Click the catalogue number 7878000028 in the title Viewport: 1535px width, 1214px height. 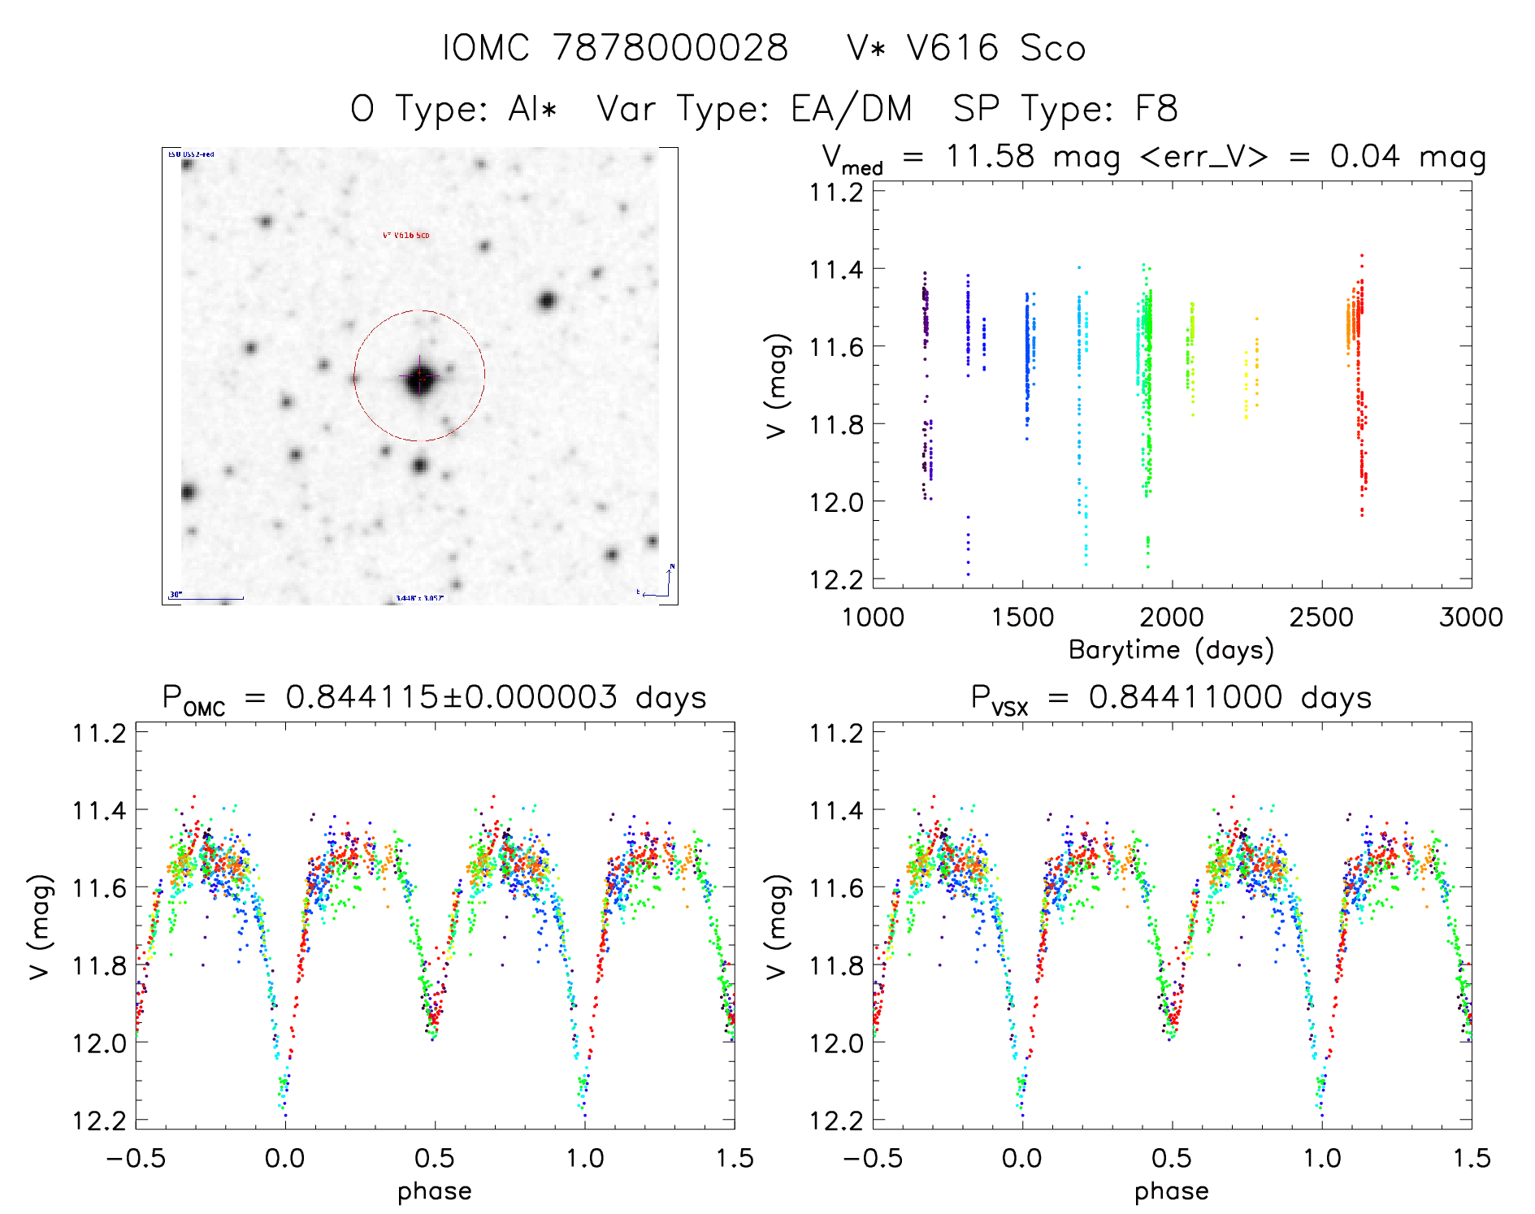pyautogui.click(x=670, y=48)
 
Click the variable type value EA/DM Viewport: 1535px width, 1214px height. pyautogui.click(x=852, y=109)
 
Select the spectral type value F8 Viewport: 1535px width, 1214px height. pyautogui.click(x=1156, y=109)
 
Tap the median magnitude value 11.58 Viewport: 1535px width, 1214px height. pyautogui.click(x=991, y=156)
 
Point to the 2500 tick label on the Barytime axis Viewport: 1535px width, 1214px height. pyautogui.click(x=1321, y=618)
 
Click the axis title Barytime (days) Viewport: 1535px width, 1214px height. pyautogui.click(x=1171, y=650)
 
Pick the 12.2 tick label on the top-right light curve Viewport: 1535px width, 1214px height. pyautogui.click(x=836, y=579)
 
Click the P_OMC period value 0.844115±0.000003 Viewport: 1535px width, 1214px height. pyautogui.click(x=451, y=697)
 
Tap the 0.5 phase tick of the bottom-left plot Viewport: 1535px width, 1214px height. pyautogui.click(x=435, y=1158)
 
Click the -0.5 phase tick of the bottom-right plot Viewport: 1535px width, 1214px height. pyautogui.click(x=873, y=1158)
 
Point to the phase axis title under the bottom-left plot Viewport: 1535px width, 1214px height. pyautogui.click(x=435, y=1191)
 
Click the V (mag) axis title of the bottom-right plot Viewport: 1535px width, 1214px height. pyautogui.click(x=777, y=926)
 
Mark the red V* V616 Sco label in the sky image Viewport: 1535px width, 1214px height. pyautogui.click(x=406, y=236)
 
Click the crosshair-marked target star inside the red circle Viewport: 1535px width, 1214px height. pyautogui.click(x=419, y=377)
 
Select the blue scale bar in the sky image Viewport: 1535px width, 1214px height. pyautogui.click(x=207, y=599)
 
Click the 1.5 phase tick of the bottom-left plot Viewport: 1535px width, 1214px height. pyautogui.click(x=735, y=1158)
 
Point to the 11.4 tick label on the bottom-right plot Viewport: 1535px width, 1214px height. pyautogui.click(x=836, y=810)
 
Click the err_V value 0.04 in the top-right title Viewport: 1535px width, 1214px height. pyautogui.click(x=1364, y=156)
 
